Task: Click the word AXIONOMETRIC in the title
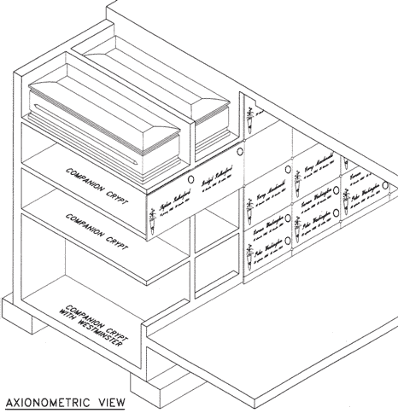(44, 400)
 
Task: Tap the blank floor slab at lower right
(282, 358)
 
